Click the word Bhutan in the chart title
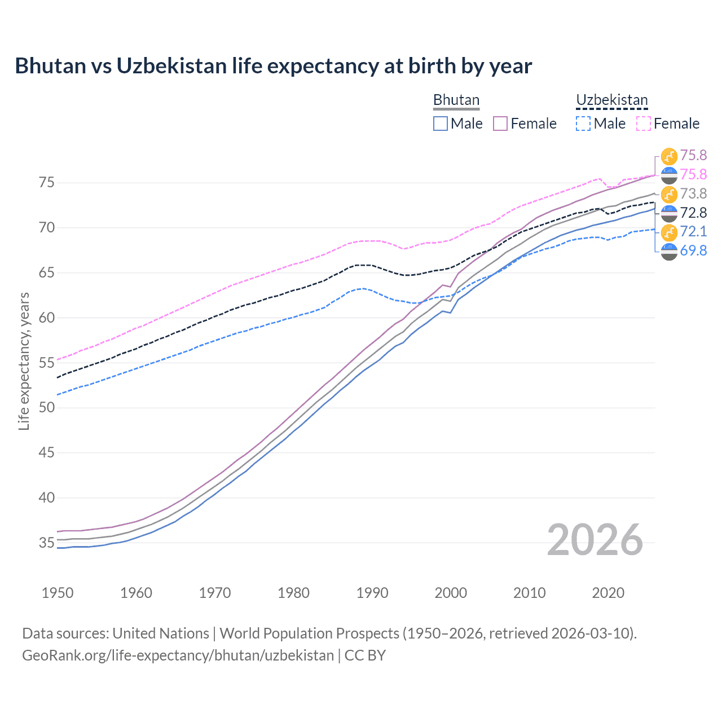[x=50, y=66]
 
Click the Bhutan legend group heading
[x=456, y=100]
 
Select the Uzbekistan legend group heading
[x=611, y=100]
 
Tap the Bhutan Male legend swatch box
[x=441, y=124]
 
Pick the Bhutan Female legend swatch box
[x=500, y=124]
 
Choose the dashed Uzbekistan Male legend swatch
[x=583, y=124]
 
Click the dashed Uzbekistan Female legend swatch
[x=644, y=124]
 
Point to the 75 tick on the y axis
[x=46, y=183]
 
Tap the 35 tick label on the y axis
[x=46, y=543]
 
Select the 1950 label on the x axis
[x=58, y=593]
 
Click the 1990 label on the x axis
[x=372, y=593]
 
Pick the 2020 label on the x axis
[x=608, y=593]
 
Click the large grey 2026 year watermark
[x=595, y=540]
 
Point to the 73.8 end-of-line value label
[x=693, y=194]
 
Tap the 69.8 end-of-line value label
[x=693, y=251]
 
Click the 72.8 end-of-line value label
[x=693, y=213]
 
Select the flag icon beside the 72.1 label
[x=669, y=232]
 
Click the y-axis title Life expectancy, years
[x=24, y=361]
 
